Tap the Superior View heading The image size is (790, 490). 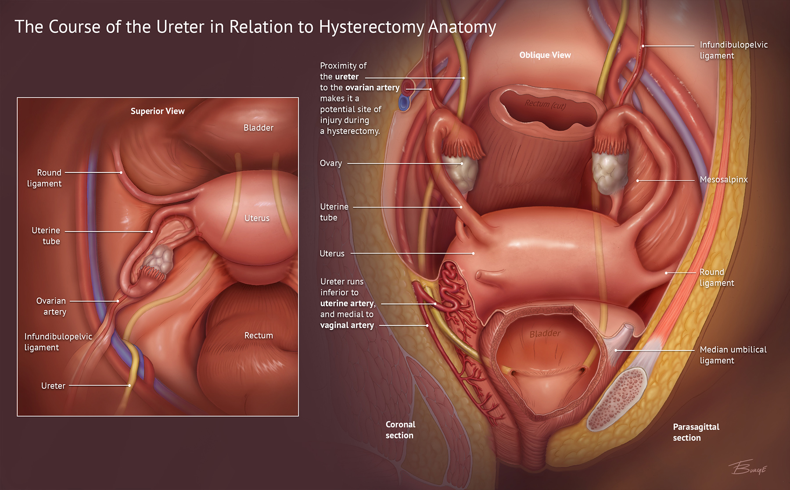(x=158, y=111)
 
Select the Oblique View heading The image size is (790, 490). (x=545, y=55)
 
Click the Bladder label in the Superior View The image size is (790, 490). (x=259, y=128)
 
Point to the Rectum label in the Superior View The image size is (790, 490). (x=259, y=336)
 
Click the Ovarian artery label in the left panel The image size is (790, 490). (x=51, y=306)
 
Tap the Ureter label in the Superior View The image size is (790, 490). (x=53, y=386)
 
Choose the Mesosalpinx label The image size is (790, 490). (x=724, y=179)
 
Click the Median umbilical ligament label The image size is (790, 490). (x=733, y=355)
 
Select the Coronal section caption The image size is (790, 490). (x=400, y=430)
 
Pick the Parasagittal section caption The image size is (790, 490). (x=696, y=432)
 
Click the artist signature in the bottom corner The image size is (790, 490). (x=748, y=467)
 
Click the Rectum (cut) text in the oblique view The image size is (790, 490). (x=546, y=104)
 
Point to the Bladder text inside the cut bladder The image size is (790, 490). (x=545, y=334)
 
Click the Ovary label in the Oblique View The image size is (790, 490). (x=331, y=163)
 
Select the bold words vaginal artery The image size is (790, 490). (x=347, y=325)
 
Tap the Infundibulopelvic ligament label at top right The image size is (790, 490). (x=734, y=50)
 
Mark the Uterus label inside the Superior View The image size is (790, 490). (x=257, y=218)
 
